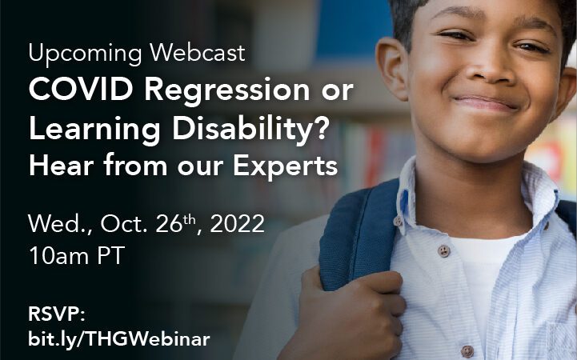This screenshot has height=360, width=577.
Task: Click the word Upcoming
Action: pos(85,54)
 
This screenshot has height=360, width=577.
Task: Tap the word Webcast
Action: pos(197,52)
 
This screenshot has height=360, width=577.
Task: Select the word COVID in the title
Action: pos(81,90)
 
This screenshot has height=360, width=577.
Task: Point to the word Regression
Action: pos(227,92)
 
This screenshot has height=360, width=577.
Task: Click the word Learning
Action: pos(94,130)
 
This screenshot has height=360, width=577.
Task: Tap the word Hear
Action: pos(61,166)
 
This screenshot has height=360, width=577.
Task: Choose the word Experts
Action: pos(285,167)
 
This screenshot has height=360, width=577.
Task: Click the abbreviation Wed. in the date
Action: pos(60,223)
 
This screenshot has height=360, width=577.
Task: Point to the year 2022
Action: pos(238,223)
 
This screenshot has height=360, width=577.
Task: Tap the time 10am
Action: pos(59,255)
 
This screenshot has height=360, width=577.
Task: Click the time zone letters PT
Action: pos(110,255)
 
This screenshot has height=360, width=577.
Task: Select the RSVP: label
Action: pos(57,314)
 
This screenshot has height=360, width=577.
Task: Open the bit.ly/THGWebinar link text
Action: pos(119,338)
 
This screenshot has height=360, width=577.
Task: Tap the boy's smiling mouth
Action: pos(485,103)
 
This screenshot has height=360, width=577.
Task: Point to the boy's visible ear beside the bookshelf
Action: pos(393,69)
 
